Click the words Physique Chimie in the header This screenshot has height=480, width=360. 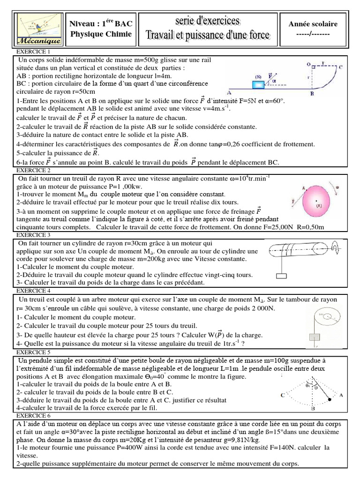pos(101,34)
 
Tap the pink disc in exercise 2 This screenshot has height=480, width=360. pos(318,202)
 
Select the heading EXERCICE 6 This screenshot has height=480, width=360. pos(34,416)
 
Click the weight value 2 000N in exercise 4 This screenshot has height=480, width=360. pos(259,308)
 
